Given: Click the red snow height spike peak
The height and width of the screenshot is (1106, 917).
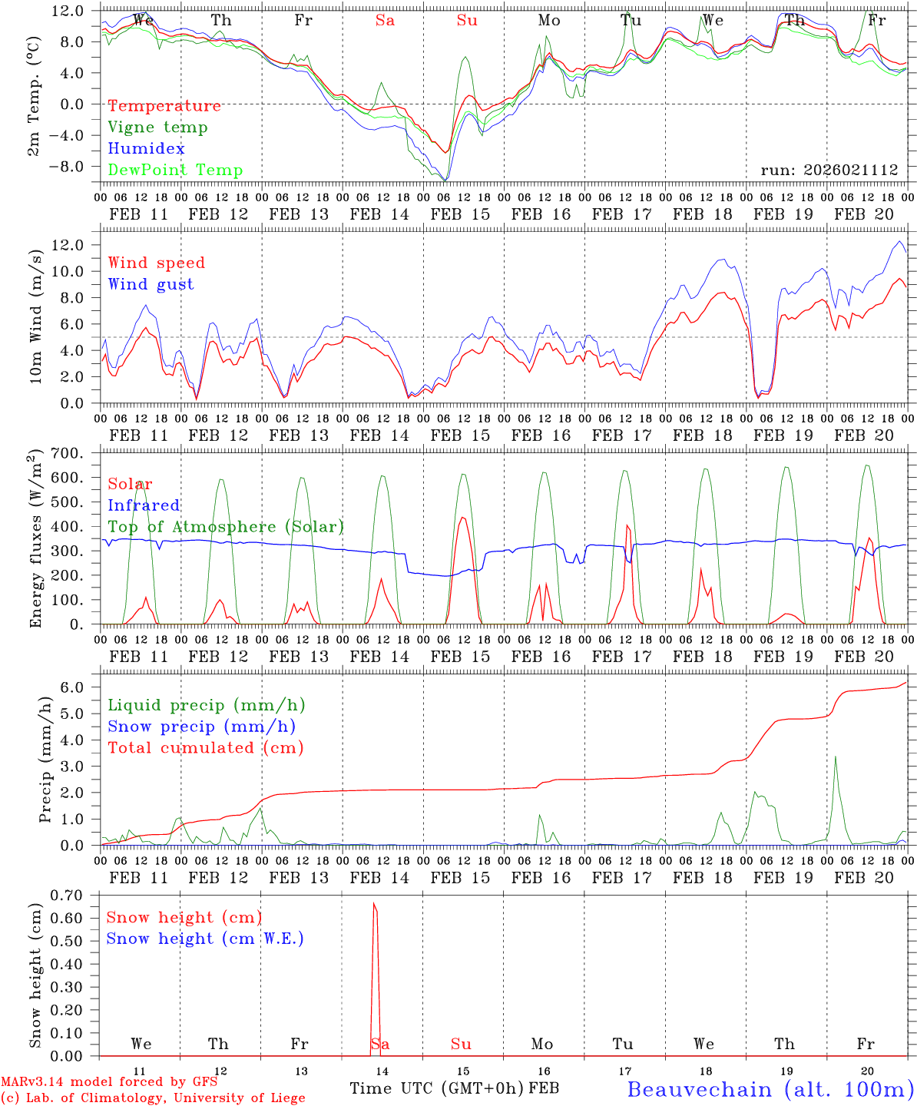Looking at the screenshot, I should pyautogui.click(x=374, y=904).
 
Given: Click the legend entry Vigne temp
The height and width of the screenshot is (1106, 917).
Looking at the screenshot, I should pyautogui.click(x=157, y=127).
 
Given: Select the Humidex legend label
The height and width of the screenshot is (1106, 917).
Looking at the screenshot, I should pyautogui.click(x=146, y=149).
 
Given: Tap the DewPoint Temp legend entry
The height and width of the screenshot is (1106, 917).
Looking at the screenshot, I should pyautogui.click(x=175, y=171).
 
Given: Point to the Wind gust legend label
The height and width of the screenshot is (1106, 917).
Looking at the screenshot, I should pyautogui.click(x=151, y=284).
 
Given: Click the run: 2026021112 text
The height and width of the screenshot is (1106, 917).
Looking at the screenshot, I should pyautogui.click(x=829, y=170).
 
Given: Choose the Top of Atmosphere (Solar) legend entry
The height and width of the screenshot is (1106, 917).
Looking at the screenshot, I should pyautogui.click(x=226, y=527).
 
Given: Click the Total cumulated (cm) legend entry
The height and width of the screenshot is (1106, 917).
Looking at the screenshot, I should pyautogui.click(x=205, y=748).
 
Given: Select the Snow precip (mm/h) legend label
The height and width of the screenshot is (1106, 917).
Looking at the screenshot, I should pyautogui.click(x=201, y=727).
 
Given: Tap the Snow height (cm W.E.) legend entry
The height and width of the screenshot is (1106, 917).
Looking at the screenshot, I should pyautogui.click(x=205, y=939).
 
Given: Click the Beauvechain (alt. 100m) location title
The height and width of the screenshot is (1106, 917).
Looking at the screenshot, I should pyautogui.click(x=770, y=1089).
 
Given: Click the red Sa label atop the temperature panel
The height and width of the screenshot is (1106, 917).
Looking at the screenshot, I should pyautogui.click(x=385, y=21).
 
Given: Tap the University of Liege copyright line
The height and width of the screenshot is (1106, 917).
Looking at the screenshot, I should pyautogui.click(x=153, y=1098).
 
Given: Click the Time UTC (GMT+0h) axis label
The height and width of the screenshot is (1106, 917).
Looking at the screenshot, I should pyautogui.click(x=436, y=1088).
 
